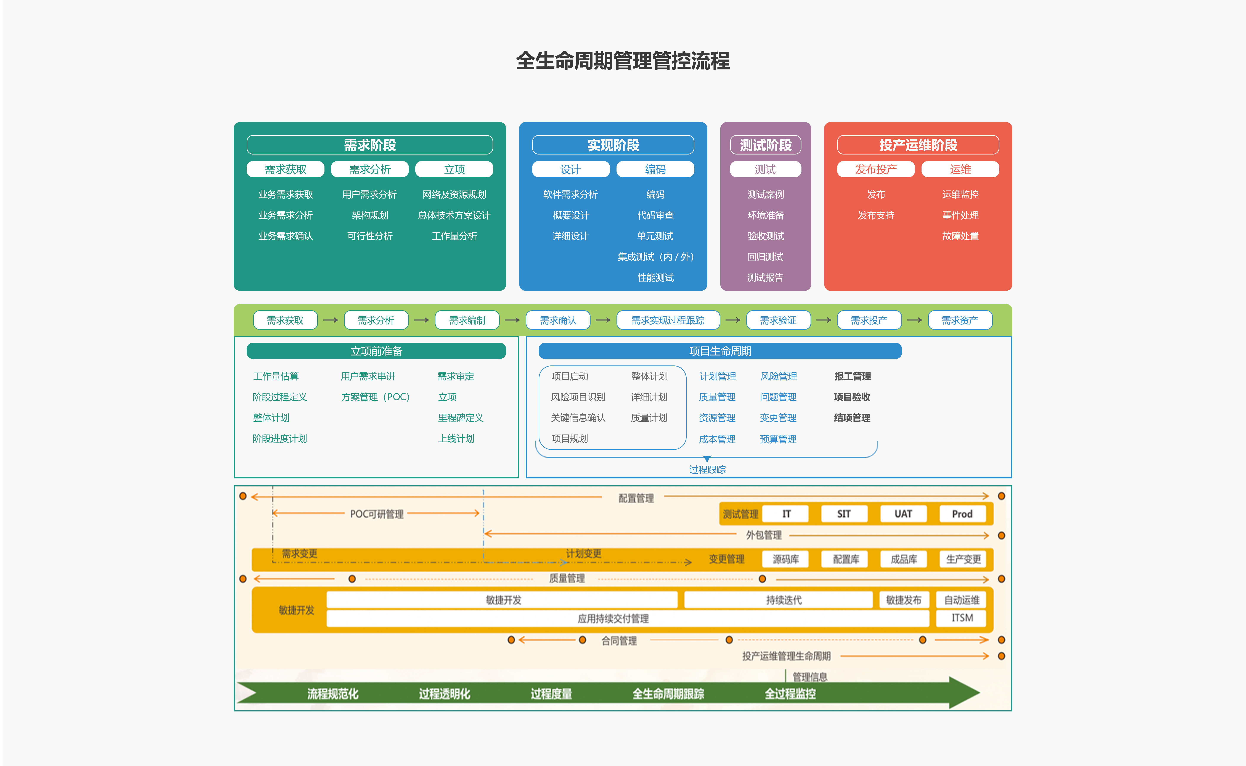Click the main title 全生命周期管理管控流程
pos(623,61)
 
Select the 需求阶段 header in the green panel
pos(370,145)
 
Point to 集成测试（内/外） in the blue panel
pos(655,257)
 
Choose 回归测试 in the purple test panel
pos(765,257)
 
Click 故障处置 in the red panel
pos(960,236)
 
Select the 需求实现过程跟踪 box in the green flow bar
pos(668,320)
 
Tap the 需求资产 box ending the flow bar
pos(959,320)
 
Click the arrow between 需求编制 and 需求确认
pos(512,320)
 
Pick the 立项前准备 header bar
pos(376,351)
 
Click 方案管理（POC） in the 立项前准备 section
pos(375,397)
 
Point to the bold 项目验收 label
pos(852,397)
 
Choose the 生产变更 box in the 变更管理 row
pos(963,559)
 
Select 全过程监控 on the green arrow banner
pos(790,694)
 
